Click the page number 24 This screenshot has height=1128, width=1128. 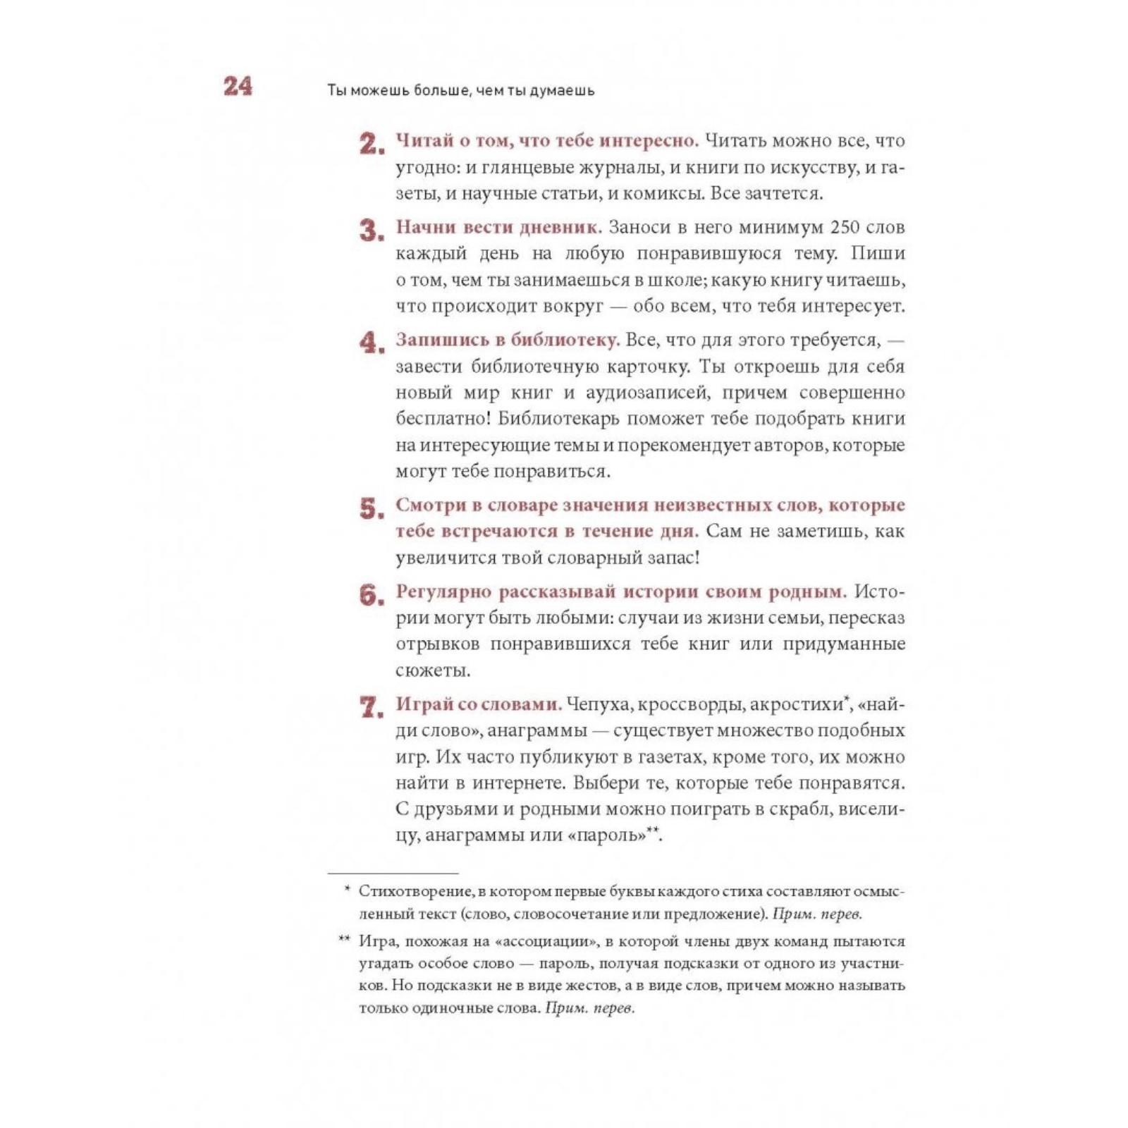pyautogui.click(x=238, y=86)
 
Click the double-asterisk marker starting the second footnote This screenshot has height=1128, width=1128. pyautogui.click(x=344, y=938)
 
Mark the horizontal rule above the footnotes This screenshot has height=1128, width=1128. pyautogui.click(x=393, y=873)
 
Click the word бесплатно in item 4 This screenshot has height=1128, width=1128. pyautogui.click(x=441, y=419)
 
